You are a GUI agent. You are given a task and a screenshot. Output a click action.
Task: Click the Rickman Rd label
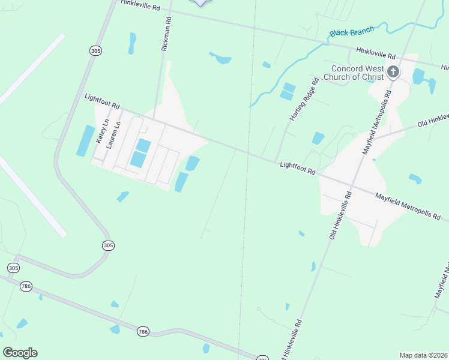[x=167, y=32]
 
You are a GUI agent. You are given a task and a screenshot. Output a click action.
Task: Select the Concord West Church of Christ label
[x=354, y=73]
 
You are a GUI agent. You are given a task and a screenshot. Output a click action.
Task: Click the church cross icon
[x=393, y=73]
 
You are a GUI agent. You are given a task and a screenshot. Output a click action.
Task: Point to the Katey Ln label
[x=101, y=131]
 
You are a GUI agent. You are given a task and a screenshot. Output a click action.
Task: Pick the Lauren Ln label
[x=113, y=134]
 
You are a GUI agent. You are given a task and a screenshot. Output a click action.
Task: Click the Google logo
[x=20, y=353]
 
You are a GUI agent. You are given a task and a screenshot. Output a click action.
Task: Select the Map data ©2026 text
[x=423, y=355]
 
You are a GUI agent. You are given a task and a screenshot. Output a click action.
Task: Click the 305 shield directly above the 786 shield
[x=13, y=267]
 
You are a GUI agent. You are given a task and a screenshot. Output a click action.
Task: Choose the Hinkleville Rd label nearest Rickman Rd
[x=140, y=6]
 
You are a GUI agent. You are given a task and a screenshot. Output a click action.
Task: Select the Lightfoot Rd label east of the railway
[x=297, y=167]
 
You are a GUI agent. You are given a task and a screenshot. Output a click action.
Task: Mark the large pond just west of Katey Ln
[x=86, y=141]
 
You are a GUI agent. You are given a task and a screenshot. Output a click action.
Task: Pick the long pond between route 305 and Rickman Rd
[x=131, y=43]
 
